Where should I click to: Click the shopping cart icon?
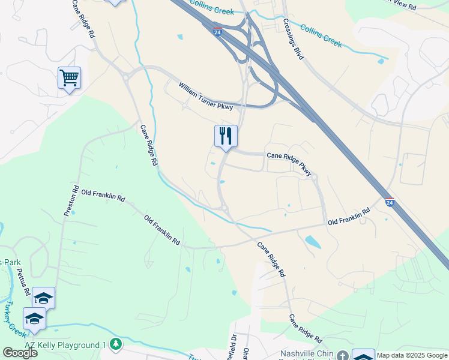69,77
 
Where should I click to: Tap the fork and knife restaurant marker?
226,136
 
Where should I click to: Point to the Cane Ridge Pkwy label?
289,163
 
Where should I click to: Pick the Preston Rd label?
71,200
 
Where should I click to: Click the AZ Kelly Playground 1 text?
65,345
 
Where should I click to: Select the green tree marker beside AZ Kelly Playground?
116,344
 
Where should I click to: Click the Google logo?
20,353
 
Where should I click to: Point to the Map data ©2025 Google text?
412,355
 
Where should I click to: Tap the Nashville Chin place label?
306,354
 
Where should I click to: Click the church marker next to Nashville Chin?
342,355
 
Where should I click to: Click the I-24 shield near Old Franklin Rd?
390,202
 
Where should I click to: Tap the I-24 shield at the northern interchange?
217,29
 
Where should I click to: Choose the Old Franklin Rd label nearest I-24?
349,218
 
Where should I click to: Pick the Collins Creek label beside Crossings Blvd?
321,36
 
